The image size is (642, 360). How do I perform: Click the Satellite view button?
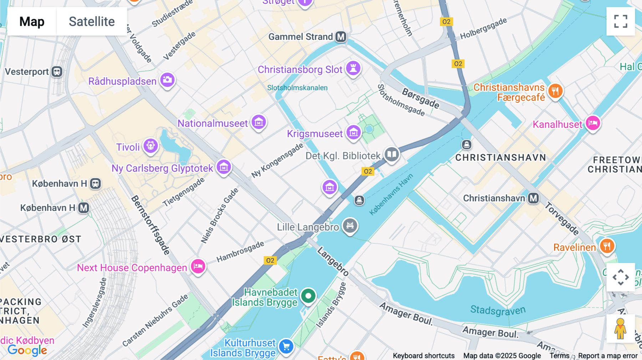pos(92,21)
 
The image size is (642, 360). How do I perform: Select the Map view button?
pos(32,21)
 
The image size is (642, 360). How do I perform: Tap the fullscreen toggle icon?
pos(621,21)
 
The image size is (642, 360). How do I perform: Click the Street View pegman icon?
pos(620,328)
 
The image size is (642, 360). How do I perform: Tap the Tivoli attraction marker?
pos(151,146)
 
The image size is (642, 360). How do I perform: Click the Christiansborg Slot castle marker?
pos(353,68)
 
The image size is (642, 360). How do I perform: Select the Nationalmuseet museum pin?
pos(259,122)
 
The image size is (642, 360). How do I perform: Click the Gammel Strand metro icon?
pos(341,37)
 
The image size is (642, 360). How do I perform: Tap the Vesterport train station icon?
pos(57,72)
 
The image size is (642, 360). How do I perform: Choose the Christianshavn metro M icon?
pos(533,198)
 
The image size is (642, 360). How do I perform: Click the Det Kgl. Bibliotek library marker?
pos(392,154)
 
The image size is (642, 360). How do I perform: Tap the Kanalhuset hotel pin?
pos(593,123)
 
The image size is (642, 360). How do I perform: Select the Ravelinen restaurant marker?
pos(607,246)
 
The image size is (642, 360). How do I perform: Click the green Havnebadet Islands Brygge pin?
pos(308,296)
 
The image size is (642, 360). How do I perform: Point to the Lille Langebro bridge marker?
pos(350,225)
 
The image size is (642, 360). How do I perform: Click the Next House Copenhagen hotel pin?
pos(198,266)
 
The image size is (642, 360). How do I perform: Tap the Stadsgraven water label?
pos(498,310)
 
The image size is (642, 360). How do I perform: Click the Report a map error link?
pos(608,356)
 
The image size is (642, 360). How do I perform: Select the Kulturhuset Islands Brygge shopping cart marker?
pos(286,346)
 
